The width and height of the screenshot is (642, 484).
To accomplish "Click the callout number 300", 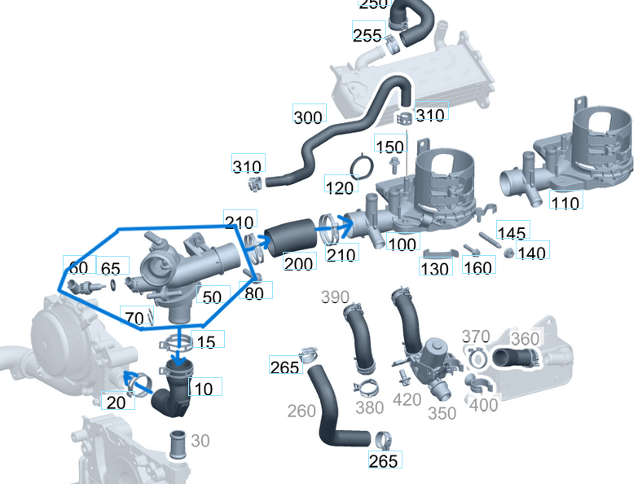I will [308, 117].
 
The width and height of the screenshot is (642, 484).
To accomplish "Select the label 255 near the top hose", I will [367, 35].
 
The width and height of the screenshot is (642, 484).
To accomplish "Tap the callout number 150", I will [389, 146].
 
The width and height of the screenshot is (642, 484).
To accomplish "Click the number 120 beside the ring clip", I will [340, 186].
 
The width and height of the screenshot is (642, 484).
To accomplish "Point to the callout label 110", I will [565, 201].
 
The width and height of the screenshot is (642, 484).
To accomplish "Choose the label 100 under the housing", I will [401, 243].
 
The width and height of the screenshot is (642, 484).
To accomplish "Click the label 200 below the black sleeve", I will [298, 262].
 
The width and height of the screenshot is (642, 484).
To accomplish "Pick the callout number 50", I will [211, 297].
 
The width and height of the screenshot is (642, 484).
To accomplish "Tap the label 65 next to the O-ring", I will [111, 268].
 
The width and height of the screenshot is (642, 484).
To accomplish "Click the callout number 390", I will [335, 297].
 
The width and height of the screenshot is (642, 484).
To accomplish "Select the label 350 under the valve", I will [442, 413].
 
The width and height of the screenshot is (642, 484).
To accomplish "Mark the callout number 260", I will [301, 411].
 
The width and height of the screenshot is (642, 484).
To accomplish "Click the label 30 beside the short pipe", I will [200, 441].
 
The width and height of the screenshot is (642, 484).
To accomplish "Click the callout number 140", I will [531, 253].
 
